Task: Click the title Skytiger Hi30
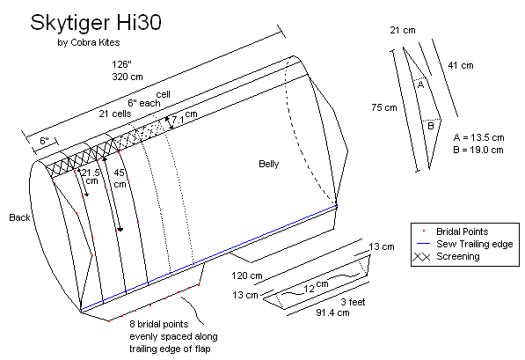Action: pos(96,23)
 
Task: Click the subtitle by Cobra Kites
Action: pos(89,42)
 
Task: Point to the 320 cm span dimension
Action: pos(128,77)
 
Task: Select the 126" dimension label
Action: pos(121,64)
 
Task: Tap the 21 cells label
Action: pos(115,114)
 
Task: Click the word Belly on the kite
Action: pos(269,164)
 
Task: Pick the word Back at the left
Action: pos(19,217)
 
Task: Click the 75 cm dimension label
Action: pos(384,107)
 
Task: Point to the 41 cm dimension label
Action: pos(461,65)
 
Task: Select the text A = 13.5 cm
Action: pos(478,137)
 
